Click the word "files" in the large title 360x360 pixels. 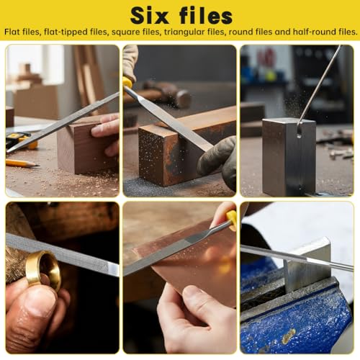pos(206,16)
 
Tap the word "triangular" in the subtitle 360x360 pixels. pos(184,32)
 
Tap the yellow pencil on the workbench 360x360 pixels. pos(22,163)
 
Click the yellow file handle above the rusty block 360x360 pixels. pos(127,83)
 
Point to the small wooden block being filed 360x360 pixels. pos(88,146)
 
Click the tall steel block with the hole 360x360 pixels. pos(289,156)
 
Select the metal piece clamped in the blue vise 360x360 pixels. pos(308,264)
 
